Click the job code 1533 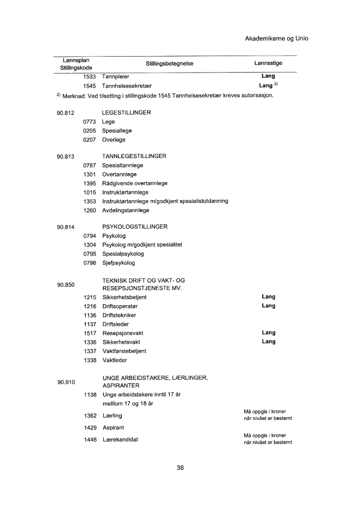89,77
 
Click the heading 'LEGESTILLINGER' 127,113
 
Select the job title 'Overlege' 114,139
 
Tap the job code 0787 89,166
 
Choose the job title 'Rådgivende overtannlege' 135,183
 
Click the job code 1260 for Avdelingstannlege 89,210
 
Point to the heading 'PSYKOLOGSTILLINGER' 135,227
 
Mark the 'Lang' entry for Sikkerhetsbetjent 268,297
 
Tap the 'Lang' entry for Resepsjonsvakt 268,333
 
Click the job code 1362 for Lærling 89,415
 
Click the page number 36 180,468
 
